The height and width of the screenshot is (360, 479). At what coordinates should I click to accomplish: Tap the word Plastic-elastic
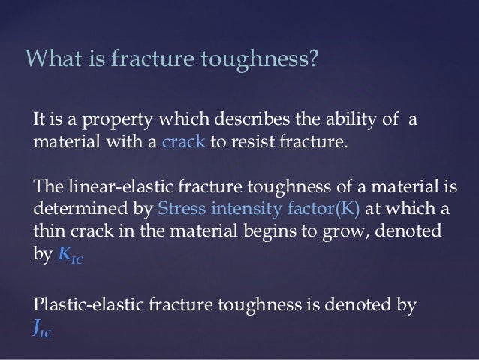(84, 305)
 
